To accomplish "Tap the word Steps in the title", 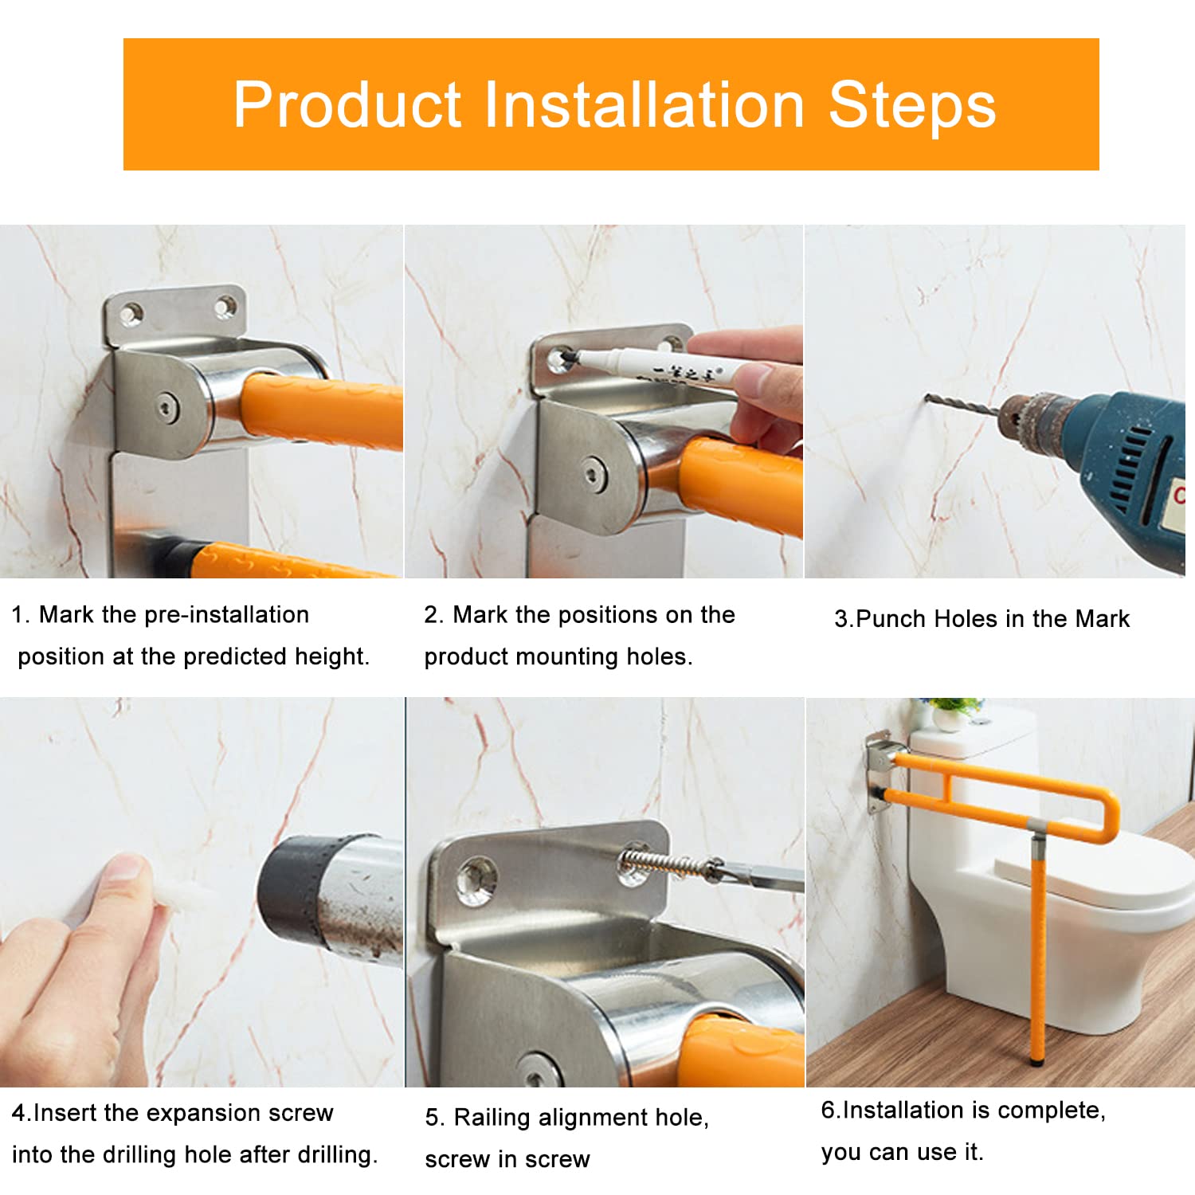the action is point(912,106).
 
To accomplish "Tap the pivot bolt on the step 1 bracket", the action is point(166,408).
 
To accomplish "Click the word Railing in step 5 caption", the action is point(492,1119).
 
